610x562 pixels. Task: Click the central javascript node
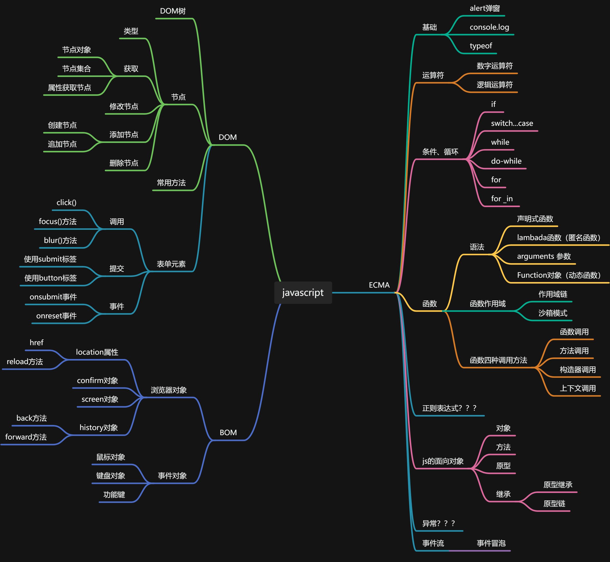[303, 293]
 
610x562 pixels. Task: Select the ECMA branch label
[379, 285]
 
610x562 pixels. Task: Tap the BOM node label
[228, 432]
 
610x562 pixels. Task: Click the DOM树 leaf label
[173, 11]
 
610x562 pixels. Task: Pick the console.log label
[489, 27]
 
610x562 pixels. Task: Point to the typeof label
[480, 46]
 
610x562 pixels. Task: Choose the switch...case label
[512, 123]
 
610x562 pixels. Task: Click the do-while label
[506, 161]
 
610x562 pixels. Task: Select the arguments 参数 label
[544, 256]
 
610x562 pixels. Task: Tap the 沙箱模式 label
[552, 313]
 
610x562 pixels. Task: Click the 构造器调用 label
[578, 370]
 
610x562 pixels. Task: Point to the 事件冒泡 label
[491, 543]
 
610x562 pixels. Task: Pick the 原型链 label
[554, 504]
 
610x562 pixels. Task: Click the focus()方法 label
[58, 222]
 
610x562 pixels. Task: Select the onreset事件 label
[56, 316]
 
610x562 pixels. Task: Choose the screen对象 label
[100, 399]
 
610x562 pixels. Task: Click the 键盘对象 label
[110, 476]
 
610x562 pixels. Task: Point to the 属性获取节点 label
[69, 88]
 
